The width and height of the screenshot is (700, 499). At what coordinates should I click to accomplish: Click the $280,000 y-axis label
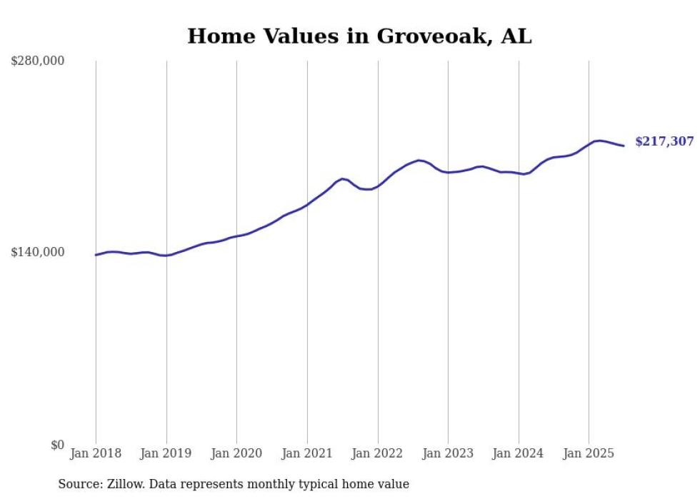pos(38,61)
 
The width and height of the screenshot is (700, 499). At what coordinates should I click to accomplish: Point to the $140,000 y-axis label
pos(38,252)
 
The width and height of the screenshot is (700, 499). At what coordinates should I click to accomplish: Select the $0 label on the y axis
pos(57,445)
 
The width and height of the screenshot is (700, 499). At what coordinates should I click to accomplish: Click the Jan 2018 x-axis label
pos(96,453)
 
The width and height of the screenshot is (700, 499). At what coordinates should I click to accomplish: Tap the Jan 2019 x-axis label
pos(166,453)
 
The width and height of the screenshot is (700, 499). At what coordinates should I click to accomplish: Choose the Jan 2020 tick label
pos(236,453)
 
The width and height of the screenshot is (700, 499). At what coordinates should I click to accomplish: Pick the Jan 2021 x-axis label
pos(307,453)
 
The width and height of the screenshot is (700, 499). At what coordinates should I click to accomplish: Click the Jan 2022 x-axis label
pos(378,453)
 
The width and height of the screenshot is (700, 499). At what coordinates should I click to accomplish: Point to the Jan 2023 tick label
pos(448,453)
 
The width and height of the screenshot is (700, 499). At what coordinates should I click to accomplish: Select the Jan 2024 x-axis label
pos(519,453)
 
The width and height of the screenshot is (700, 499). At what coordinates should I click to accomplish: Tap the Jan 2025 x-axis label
pos(589,453)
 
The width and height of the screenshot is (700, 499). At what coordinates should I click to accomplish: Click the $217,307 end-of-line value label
pos(664,142)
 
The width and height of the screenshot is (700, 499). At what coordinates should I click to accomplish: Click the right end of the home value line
pos(624,146)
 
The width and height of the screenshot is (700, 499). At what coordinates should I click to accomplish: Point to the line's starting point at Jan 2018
pos(96,255)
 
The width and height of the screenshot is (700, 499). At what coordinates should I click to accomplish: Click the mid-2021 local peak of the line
pos(343,178)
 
